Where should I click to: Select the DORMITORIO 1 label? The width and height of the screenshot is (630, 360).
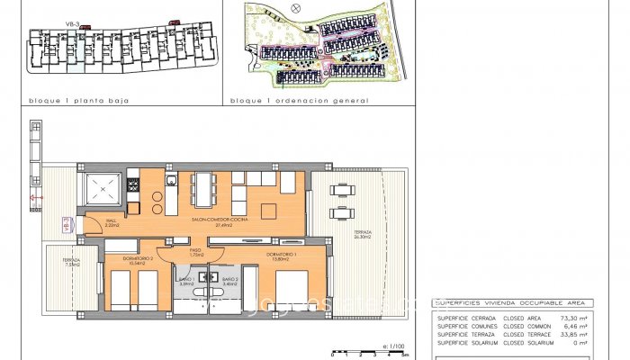282,256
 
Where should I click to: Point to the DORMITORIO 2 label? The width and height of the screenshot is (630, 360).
137,262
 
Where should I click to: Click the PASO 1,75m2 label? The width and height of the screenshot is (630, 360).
196,254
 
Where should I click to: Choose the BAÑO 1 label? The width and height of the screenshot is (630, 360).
186,282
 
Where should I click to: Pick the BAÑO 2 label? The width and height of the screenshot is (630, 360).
229,282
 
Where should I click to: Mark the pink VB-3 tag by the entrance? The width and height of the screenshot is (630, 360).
65,224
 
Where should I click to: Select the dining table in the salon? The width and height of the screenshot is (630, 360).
203,188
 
